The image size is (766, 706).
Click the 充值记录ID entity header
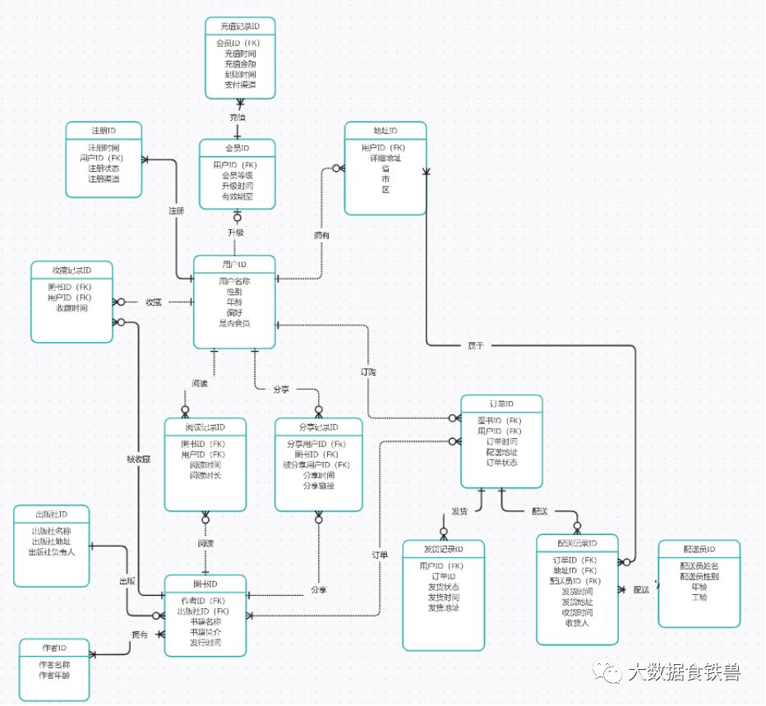(x=239, y=25)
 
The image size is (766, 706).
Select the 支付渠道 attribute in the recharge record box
(x=240, y=85)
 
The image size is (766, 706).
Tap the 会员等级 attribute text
(x=238, y=175)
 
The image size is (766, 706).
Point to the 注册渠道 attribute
(x=104, y=178)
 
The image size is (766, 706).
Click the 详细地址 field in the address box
(x=385, y=158)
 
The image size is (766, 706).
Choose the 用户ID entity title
(x=234, y=265)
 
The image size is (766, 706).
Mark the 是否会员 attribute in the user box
(x=234, y=323)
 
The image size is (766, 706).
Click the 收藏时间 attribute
(x=72, y=308)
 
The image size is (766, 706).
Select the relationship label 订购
(x=368, y=371)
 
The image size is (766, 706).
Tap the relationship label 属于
(x=476, y=345)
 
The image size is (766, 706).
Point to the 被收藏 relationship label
(x=138, y=459)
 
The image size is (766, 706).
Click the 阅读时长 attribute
(x=205, y=475)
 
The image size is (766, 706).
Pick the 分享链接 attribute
(x=319, y=486)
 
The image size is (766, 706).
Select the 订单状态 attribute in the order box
(x=501, y=462)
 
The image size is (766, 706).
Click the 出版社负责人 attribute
(x=52, y=551)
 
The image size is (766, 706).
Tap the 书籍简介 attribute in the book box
(x=205, y=631)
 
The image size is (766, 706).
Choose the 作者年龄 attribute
(x=54, y=675)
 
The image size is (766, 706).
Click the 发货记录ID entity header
(x=443, y=549)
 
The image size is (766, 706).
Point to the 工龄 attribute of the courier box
(x=699, y=598)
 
